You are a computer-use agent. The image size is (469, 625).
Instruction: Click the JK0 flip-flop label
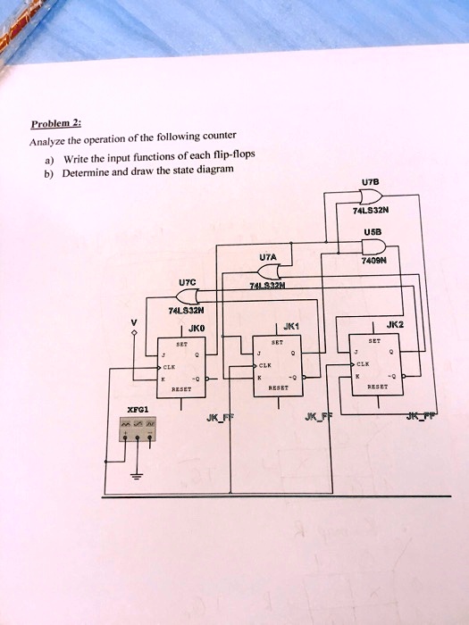point(197,328)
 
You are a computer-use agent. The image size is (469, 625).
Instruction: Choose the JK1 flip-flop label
point(290,327)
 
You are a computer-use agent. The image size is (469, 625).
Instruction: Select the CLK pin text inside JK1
point(264,365)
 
